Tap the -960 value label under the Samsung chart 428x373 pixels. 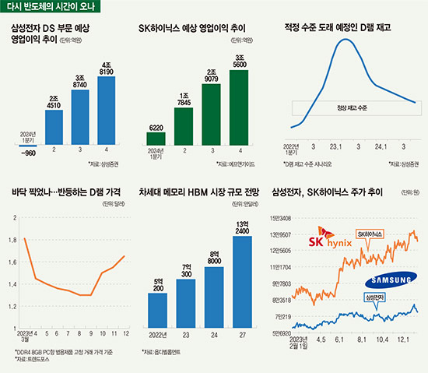point(28,153)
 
